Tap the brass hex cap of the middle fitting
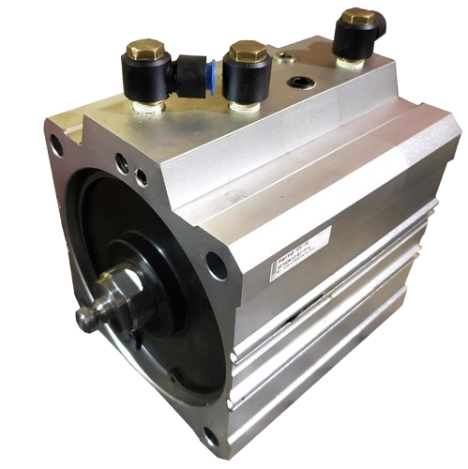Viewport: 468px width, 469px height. [248, 51]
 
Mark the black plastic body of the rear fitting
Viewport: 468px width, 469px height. [356, 41]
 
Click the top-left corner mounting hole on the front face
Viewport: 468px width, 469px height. [55, 145]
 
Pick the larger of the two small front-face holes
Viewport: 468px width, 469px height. [121, 162]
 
